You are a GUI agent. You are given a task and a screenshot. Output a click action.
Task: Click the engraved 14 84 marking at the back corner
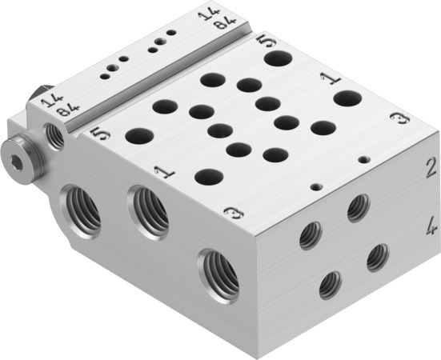click(211, 18)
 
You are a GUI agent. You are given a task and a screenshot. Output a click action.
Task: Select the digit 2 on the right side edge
click(430, 167)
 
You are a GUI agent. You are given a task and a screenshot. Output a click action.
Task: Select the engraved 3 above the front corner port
click(231, 214)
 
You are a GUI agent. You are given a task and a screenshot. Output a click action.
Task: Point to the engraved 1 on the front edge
click(163, 171)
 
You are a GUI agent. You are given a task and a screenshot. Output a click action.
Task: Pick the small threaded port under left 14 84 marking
click(56, 137)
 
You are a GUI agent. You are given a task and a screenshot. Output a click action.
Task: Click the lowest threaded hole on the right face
click(330, 284)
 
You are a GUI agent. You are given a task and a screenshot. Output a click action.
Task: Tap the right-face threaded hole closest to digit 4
click(377, 257)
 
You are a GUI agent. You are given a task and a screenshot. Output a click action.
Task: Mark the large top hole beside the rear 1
click(347, 98)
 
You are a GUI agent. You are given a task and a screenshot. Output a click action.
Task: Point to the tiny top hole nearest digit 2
click(365, 160)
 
